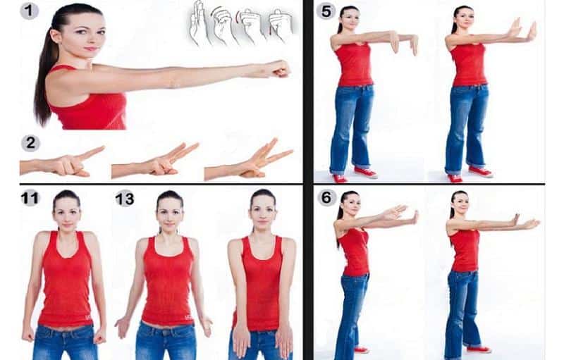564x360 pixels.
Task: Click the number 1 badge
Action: (29, 11)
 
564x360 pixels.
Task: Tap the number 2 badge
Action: (30, 144)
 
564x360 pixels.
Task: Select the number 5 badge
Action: (326, 11)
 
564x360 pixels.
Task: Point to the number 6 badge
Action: (326, 197)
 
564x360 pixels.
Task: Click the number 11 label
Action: (30, 199)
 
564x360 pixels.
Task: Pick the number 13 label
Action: (125, 199)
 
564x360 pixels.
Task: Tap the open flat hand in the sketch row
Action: (197, 23)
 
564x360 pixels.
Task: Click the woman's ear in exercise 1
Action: (55, 35)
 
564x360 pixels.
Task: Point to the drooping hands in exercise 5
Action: (404, 43)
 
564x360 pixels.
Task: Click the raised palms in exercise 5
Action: (522, 30)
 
